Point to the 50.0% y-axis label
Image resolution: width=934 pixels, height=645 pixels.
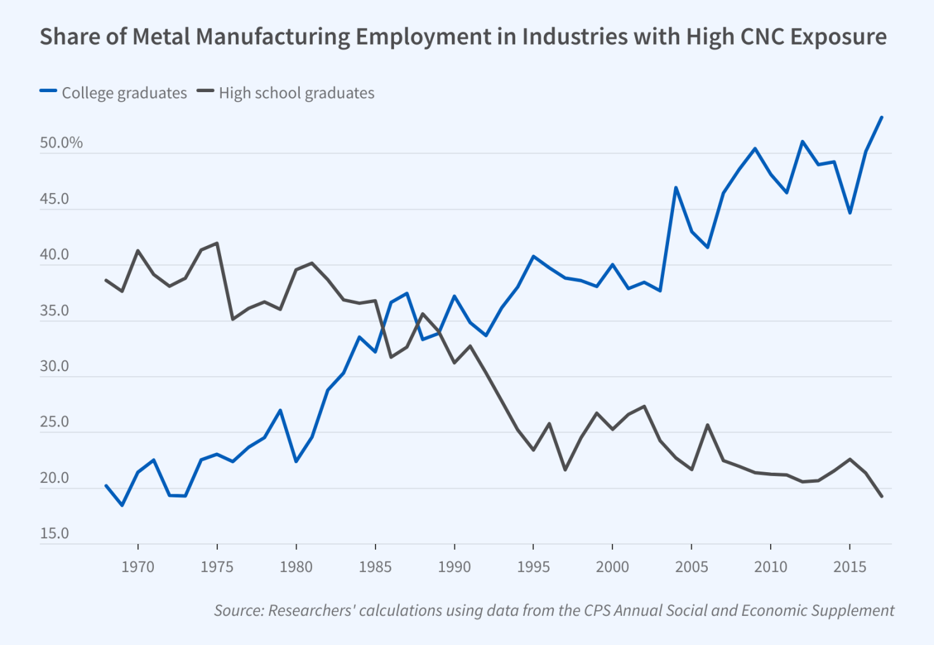(x=61, y=143)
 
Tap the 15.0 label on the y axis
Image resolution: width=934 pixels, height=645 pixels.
(x=54, y=534)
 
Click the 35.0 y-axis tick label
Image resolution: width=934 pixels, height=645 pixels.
(x=54, y=311)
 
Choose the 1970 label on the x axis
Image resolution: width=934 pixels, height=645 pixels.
(x=138, y=567)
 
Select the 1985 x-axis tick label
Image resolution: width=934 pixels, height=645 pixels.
(x=375, y=567)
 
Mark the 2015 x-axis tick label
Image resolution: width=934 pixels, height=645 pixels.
(x=849, y=567)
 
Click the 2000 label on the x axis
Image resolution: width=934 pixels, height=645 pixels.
(x=613, y=567)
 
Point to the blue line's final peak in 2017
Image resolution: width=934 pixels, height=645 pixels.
(x=881, y=118)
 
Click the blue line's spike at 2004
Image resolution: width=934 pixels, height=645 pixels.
(x=676, y=188)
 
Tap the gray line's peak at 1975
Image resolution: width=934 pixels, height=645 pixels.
(x=217, y=243)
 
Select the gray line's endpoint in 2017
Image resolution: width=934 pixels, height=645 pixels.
(x=881, y=496)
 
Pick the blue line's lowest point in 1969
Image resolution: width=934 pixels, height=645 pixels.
(x=122, y=505)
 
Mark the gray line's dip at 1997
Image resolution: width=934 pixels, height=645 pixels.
(x=565, y=470)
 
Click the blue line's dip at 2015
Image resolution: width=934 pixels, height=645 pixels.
(x=850, y=212)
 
